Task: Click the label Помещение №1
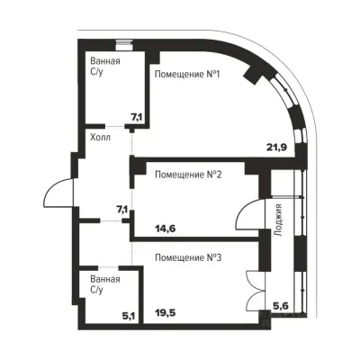click(x=187, y=74)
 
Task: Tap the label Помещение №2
click(x=188, y=175)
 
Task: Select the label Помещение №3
click(x=188, y=257)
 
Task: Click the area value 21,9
click(x=277, y=147)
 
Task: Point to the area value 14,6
click(x=166, y=229)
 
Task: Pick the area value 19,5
click(x=166, y=313)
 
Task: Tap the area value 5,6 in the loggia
click(x=281, y=305)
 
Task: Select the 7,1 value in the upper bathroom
click(x=137, y=117)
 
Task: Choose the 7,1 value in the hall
click(x=122, y=210)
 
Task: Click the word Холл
click(x=101, y=138)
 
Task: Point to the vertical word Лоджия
click(x=278, y=220)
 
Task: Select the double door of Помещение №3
click(x=254, y=290)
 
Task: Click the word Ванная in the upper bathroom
click(x=105, y=61)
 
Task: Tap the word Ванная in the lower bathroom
click(x=105, y=279)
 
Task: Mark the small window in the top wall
click(x=124, y=45)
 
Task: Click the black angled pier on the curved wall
click(x=253, y=74)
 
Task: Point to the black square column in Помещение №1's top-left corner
click(x=154, y=57)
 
